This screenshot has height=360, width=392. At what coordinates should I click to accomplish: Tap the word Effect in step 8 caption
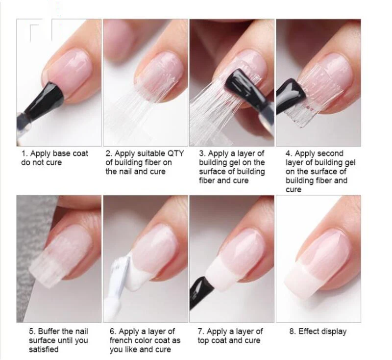(x=309, y=332)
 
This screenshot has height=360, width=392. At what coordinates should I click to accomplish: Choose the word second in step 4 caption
(x=330, y=153)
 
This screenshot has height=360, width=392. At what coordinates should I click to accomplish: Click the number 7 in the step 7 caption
(x=199, y=332)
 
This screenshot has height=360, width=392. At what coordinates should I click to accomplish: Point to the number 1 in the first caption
(x=23, y=153)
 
